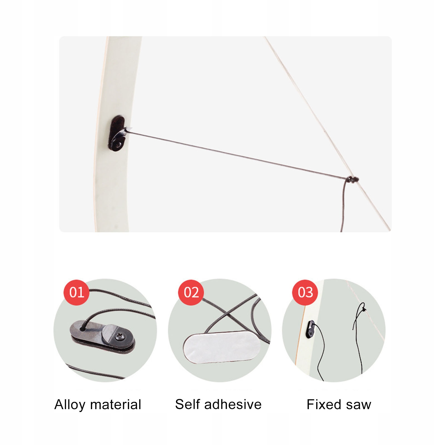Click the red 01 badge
76,292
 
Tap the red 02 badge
191,292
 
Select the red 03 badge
305,292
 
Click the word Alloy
70,405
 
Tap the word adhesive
233,404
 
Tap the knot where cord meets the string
352,179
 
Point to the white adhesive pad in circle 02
222,348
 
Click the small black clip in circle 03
311,329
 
